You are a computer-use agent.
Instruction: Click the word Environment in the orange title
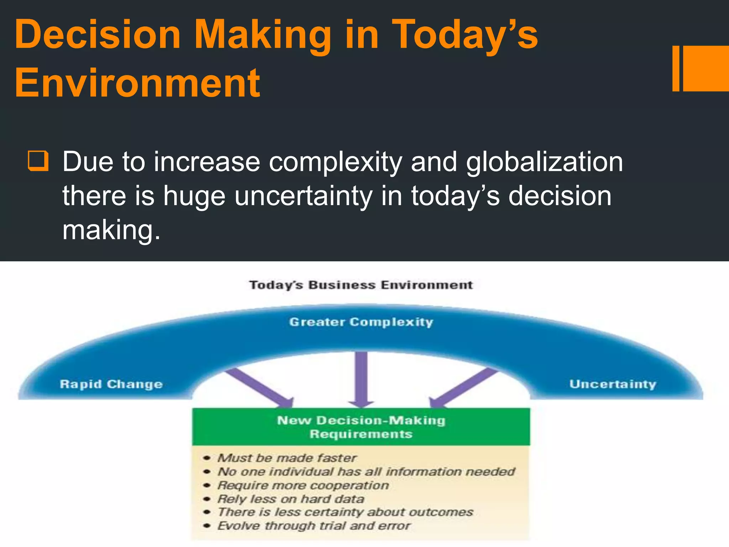tap(137, 83)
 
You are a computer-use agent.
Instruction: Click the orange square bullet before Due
tap(38, 161)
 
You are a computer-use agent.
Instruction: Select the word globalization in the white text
tap(544, 162)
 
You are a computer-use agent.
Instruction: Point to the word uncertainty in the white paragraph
tap(303, 196)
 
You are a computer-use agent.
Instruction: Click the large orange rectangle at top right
tap(706, 68)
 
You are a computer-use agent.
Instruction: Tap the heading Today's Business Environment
tap(361, 285)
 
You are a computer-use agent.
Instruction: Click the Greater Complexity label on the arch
tap(361, 322)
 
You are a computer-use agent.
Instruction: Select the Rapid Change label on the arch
tap(111, 384)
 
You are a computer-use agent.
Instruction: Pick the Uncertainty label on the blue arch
tap(613, 384)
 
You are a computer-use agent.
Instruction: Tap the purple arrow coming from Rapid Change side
tap(260, 388)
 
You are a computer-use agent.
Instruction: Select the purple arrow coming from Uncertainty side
tap(463, 388)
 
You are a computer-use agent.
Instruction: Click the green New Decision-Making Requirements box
tap(361, 427)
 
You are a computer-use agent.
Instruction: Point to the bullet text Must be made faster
tap(287, 458)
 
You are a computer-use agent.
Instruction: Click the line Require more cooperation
tap(303, 485)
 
